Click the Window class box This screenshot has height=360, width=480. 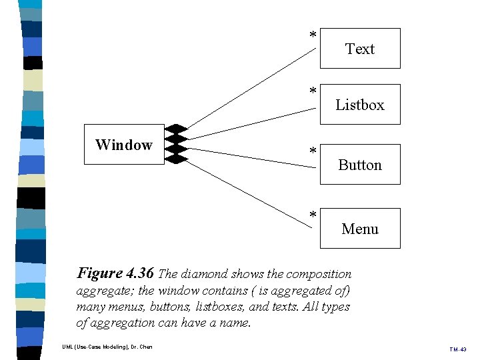(x=123, y=144)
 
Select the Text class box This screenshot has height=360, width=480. (x=360, y=48)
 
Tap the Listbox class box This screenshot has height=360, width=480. (x=360, y=104)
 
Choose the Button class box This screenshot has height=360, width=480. (x=360, y=164)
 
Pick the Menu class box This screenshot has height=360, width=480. (x=360, y=228)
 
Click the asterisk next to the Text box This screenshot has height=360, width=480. (x=312, y=35)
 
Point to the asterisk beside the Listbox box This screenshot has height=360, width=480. (x=312, y=91)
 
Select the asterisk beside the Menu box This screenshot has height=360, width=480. (x=312, y=215)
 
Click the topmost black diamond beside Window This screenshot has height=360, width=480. (x=177, y=129)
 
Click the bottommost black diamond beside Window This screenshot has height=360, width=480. (x=177, y=159)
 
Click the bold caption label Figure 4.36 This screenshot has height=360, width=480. (x=116, y=273)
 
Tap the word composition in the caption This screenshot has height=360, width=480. (x=318, y=274)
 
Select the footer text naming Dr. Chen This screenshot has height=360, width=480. (x=107, y=347)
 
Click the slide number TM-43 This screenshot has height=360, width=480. (x=457, y=349)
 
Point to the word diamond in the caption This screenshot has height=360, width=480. (x=212, y=274)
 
